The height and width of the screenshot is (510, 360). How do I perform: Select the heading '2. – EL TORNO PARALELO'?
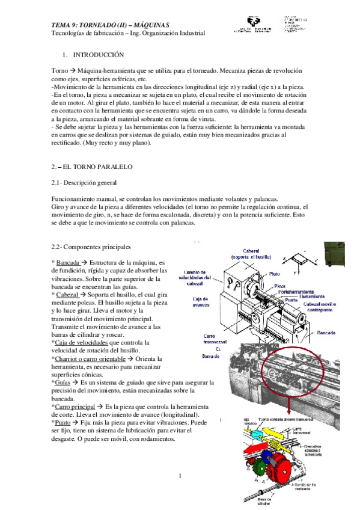tap(92, 165)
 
